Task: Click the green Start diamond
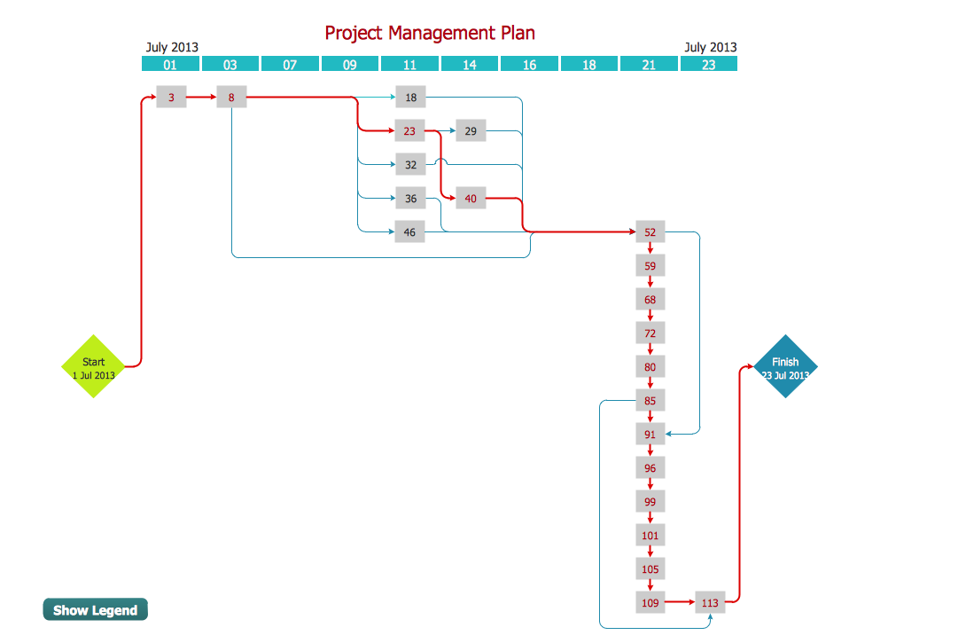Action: (93, 366)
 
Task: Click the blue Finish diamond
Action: (785, 366)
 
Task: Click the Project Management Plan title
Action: (430, 33)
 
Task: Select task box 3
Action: (171, 98)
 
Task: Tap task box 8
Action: (231, 98)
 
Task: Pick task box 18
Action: (410, 98)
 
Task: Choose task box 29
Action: (471, 131)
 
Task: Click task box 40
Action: (471, 199)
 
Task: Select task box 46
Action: (410, 232)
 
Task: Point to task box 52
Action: (650, 232)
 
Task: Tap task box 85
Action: (650, 401)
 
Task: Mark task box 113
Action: (710, 603)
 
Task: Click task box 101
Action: (650, 536)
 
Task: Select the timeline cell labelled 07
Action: (290, 64)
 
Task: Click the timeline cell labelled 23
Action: (708, 64)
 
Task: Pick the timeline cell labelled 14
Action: (470, 64)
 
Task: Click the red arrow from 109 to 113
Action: (680, 603)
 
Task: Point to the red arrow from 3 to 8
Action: (201, 98)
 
